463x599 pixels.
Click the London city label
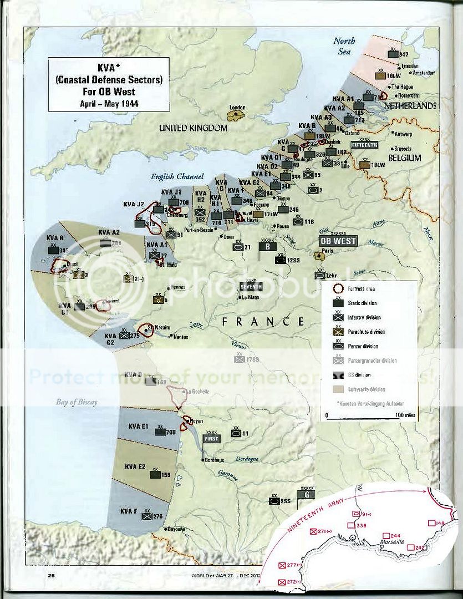point(237,108)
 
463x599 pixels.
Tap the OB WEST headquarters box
point(338,241)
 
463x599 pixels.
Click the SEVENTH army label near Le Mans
point(251,286)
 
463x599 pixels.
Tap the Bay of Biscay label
point(76,402)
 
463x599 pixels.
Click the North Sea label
point(344,46)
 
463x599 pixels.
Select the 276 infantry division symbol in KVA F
point(147,516)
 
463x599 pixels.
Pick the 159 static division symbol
point(155,474)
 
